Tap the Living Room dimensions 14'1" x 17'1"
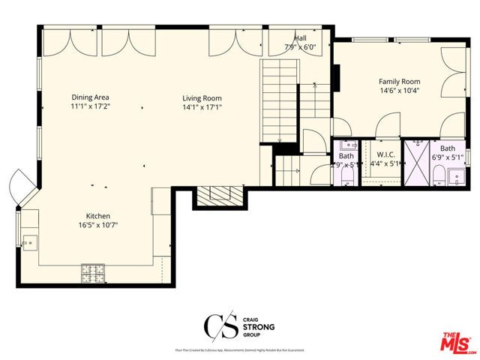click(x=202, y=107)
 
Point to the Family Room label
click(x=399, y=81)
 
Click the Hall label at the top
click(x=300, y=37)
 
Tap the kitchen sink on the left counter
click(x=29, y=241)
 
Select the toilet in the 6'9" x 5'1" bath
click(x=437, y=175)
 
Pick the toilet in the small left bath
click(x=346, y=177)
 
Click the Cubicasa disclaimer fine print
click(x=239, y=350)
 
